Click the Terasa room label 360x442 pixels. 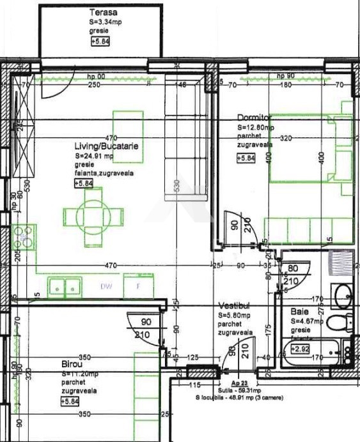click(102, 12)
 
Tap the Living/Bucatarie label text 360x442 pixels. click(107, 146)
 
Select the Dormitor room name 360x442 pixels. click(254, 118)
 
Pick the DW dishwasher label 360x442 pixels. click(106, 286)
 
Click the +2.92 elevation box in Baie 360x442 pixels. click(300, 349)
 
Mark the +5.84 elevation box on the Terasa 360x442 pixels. click(100, 42)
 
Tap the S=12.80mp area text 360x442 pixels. click(255, 127)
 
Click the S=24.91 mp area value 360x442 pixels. click(94, 155)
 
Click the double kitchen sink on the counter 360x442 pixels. click(66, 287)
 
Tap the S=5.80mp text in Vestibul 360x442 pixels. click(236, 315)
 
